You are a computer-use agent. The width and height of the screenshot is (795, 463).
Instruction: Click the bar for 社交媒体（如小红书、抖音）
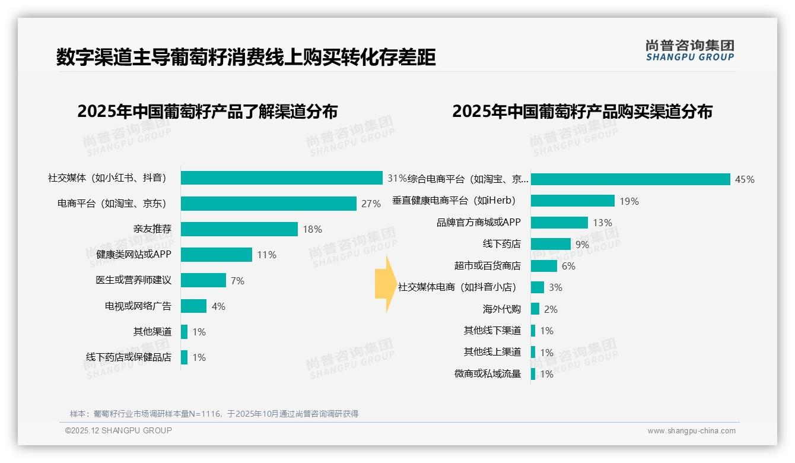[x=281, y=177]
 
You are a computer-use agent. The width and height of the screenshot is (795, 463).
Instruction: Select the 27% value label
[x=371, y=204]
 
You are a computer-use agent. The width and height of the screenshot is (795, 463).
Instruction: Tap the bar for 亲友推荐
[x=239, y=229]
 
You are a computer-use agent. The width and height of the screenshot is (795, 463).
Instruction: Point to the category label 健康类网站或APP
[x=133, y=255]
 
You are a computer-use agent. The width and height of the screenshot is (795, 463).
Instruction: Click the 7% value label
[x=237, y=281]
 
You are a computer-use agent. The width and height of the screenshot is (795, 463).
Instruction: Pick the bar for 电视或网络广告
[x=193, y=306]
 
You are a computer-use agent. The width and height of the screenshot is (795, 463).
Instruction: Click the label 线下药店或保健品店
[x=129, y=357]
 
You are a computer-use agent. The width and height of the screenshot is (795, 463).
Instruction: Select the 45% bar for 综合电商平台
[x=630, y=179]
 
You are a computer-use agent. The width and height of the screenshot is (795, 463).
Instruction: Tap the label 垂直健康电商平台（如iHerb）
[x=454, y=201]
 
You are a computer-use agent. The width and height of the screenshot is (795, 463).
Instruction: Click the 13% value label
[x=602, y=223]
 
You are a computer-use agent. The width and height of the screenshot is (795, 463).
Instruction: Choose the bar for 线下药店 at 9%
[x=551, y=244]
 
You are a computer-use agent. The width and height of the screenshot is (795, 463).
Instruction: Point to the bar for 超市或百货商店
[x=543, y=266]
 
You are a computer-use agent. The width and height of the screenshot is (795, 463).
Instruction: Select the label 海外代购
[x=501, y=309]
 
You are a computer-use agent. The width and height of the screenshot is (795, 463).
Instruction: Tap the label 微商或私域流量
[x=488, y=373]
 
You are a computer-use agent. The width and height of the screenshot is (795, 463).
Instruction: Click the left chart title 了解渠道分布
[x=207, y=112]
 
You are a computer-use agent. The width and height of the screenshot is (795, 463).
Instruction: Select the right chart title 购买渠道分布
[x=582, y=112]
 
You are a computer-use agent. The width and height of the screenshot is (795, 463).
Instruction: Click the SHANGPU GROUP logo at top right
[x=689, y=50]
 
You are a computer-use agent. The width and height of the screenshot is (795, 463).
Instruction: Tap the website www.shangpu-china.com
[x=691, y=431]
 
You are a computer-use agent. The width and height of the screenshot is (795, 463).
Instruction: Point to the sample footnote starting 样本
[x=214, y=414]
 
